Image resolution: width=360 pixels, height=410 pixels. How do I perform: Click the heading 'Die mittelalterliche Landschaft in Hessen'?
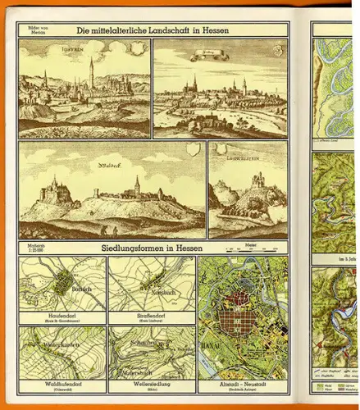point(152,30)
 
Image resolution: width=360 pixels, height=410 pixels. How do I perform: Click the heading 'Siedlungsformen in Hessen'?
point(152,247)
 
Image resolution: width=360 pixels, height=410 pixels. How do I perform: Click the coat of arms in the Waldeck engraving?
point(192,151)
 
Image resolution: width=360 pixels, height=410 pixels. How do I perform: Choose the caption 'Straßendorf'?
point(151,313)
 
